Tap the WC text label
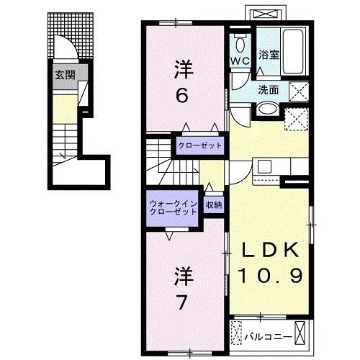click(240, 60)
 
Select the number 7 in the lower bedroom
click(184, 302)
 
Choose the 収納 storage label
click(213, 205)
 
